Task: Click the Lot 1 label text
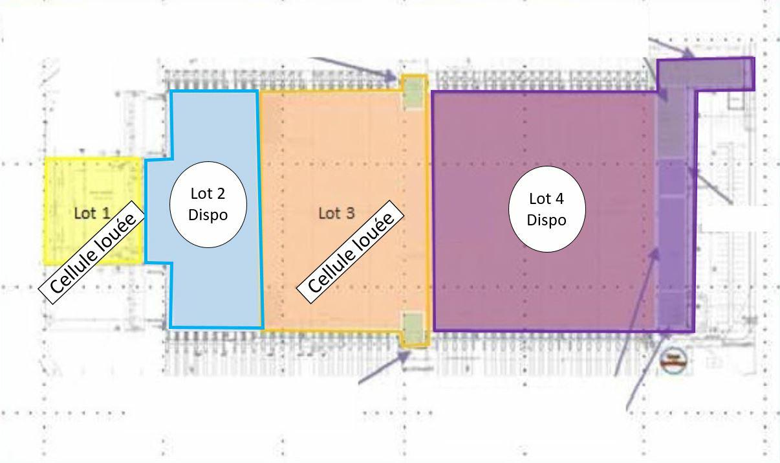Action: point(92,213)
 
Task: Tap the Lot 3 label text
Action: point(336,213)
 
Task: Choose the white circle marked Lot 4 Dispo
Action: point(547,209)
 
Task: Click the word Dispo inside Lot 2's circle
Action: point(208,214)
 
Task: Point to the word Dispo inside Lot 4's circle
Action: point(547,220)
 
